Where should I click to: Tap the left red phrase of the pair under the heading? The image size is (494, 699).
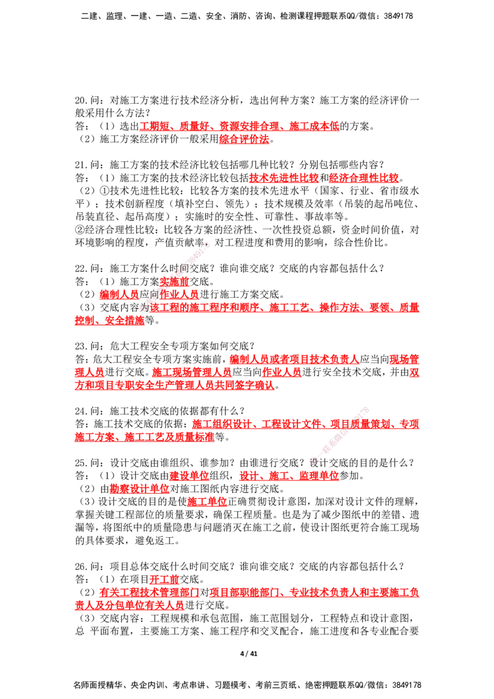click(283, 178)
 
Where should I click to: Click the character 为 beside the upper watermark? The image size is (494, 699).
click(144, 307)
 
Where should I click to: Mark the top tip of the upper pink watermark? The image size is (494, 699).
click(209, 242)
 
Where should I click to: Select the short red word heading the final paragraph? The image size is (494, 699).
click(164, 579)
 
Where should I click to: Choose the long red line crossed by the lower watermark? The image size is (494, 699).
click(305, 424)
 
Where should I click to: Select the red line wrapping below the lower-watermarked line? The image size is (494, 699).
click(144, 437)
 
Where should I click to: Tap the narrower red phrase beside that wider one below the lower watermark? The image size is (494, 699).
click(189, 476)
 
